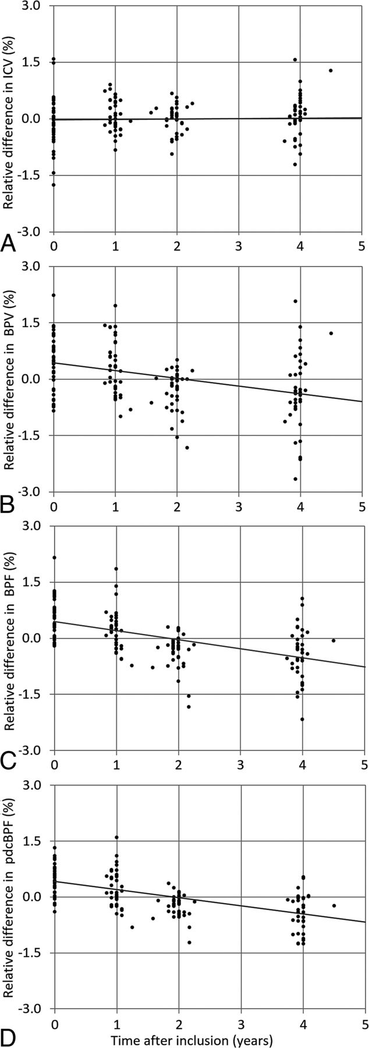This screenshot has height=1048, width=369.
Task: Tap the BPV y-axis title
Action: pos(10,378)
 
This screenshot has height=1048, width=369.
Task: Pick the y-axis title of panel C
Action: pos(10,638)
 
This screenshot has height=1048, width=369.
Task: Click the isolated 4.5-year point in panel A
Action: pos(331,70)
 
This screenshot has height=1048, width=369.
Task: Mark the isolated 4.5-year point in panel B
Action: pos(331,333)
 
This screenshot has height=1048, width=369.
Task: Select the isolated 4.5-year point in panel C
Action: pos(333,640)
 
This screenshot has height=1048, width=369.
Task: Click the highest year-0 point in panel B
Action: pos(54,295)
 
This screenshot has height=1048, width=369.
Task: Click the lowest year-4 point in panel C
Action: pos(303,719)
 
